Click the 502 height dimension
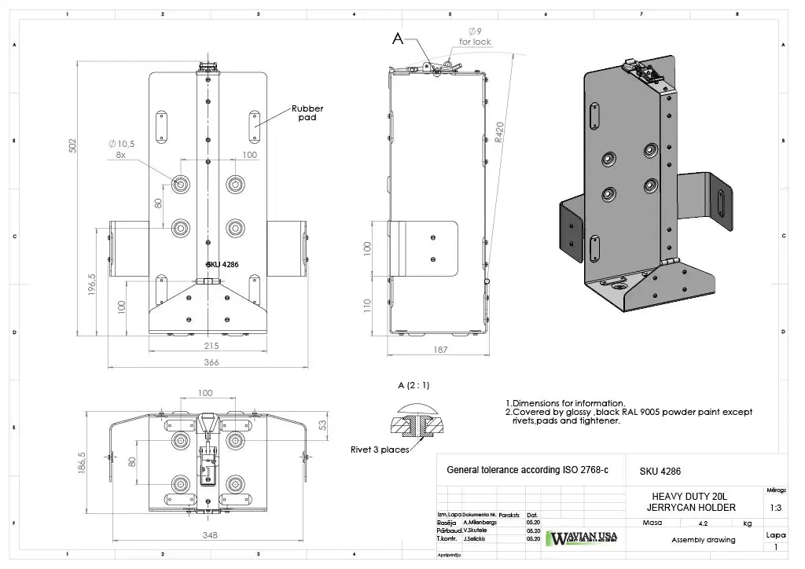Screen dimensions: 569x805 [72, 145]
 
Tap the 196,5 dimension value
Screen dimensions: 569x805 [92, 285]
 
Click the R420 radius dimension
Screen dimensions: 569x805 [499, 130]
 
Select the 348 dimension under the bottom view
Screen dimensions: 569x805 [209, 535]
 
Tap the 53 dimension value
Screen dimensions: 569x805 [322, 425]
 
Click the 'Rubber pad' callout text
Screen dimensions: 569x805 [307, 113]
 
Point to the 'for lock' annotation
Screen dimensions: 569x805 [475, 42]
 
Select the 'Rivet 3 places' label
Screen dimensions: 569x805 [380, 450]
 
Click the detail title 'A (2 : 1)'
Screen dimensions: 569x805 [414, 385]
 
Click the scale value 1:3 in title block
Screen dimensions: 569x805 [775, 508]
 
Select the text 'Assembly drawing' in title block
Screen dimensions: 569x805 [703, 540]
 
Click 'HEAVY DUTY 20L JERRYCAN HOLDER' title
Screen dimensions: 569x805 [693, 502]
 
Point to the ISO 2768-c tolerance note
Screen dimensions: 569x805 [527, 470]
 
